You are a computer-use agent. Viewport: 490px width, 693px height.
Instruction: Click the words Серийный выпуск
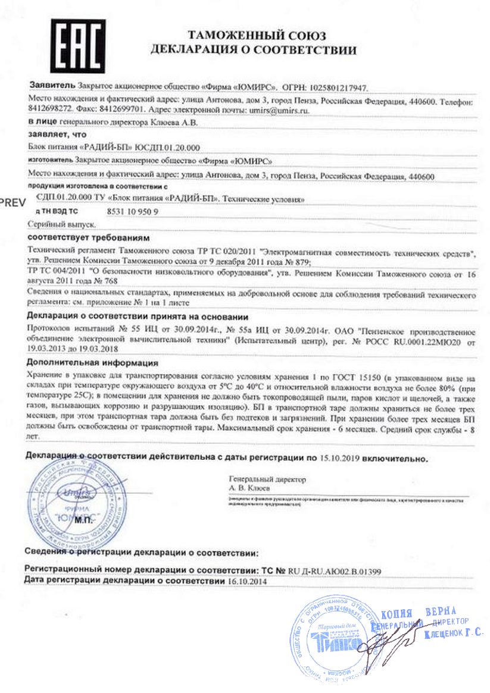[57, 225]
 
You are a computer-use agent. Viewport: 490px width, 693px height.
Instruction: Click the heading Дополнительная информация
[92, 362]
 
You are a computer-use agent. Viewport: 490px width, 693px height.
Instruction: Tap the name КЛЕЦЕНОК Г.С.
[453, 634]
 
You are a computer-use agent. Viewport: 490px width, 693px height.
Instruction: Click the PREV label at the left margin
[13, 202]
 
